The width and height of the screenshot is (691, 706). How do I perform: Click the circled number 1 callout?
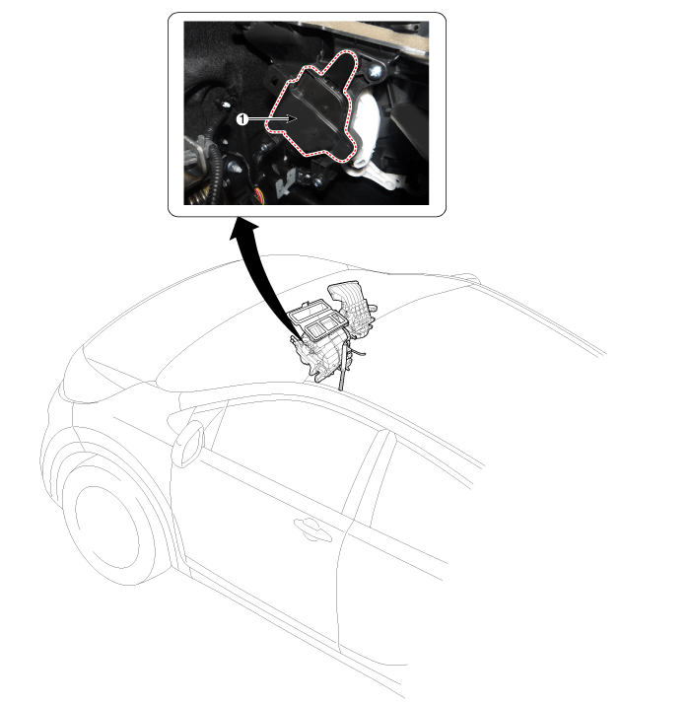tap(242, 119)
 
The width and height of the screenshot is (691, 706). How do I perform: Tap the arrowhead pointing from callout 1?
tap(292, 119)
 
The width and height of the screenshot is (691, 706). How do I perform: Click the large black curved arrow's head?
tap(244, 230)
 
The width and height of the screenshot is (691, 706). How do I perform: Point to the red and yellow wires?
tap(257, 197)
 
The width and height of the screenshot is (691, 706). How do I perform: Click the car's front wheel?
tap(110, 527)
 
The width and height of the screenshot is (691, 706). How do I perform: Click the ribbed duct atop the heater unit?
tap(354, 311)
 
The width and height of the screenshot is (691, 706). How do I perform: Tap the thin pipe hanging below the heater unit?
tap(343, 365)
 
